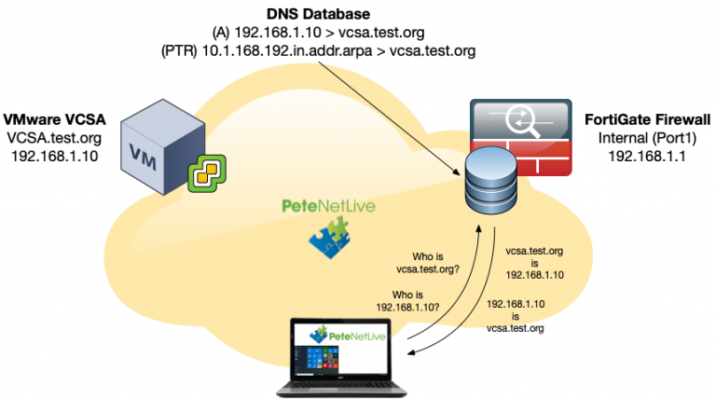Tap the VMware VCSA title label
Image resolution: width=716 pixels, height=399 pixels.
(55, 120)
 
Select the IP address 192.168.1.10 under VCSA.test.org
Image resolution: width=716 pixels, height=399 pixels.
(55, 156)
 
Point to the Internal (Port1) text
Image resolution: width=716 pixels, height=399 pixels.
(647, 139)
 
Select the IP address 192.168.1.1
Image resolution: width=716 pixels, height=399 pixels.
(647, 157)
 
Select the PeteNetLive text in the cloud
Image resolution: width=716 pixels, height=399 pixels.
(329, 205)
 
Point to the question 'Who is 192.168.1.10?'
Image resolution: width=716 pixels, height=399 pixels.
(407, 300)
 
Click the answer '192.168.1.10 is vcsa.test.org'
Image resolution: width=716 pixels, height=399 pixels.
(515, 316)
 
